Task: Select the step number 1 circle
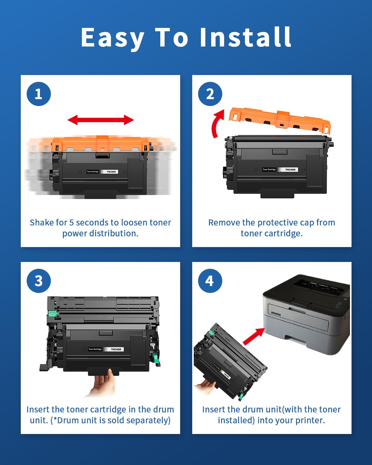(38, 94)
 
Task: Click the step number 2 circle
(210, 94)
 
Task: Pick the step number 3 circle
(38, 281)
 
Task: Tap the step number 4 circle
(210, 281)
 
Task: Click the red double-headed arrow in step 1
(101, 120)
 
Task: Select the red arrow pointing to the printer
(253, 337)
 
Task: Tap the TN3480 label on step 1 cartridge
(111, 171)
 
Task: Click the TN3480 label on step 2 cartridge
(290, 170)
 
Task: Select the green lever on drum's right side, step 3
(155, 356)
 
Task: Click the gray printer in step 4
(307, 313)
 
